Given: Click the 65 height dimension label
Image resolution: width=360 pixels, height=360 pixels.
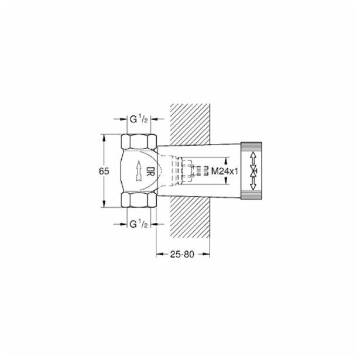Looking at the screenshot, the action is [x=104, y=171].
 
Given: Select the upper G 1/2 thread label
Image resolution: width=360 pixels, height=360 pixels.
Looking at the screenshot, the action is [x=139, y=119].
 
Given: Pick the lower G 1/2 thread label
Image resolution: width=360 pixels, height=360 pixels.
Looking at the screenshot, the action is [x=139, y=224].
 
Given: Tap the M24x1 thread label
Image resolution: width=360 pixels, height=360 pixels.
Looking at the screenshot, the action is [x=224, y=171].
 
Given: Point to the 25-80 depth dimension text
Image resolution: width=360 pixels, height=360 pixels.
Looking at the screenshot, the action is [x=182, y=254].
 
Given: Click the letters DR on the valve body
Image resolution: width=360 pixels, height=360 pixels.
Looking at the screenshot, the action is [x=150, y=171].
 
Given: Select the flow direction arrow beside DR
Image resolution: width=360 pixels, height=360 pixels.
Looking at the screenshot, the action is [x=139, y=171].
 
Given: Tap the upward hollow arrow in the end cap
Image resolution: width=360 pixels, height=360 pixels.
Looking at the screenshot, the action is [x=253, y=157].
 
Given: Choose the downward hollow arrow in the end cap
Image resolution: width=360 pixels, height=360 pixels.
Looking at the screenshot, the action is [x=253, y=184].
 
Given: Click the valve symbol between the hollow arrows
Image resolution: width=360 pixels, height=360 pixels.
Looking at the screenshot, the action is [x=253, y=171].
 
